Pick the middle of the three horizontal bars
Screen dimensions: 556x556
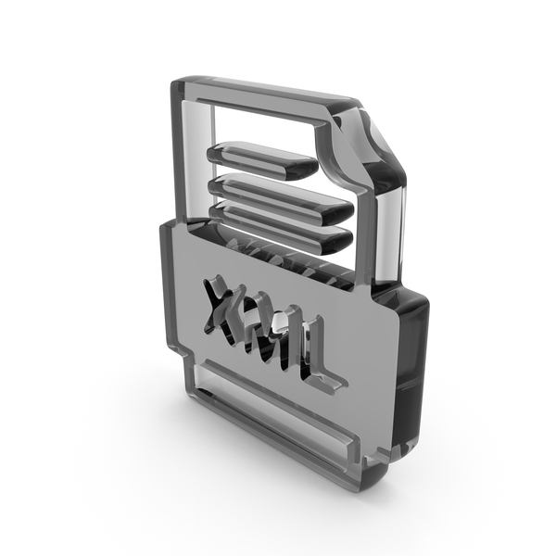click(x=280, y=197)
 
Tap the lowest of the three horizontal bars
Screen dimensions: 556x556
click(x=281, y=227)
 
